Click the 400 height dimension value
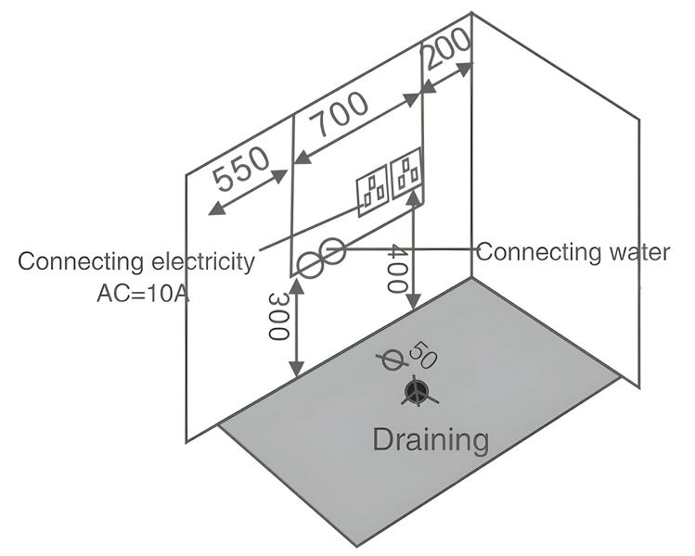coord(396,269)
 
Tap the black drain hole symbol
coord(417,393)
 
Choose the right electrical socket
coord(407,175)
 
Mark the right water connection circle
coord(333,250)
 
